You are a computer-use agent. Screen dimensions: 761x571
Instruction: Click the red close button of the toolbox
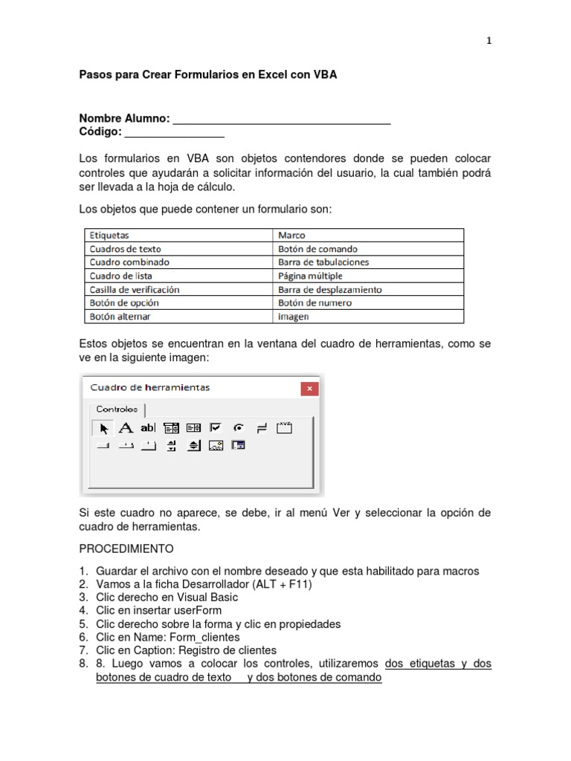pyautogui.click(x=309, y=389)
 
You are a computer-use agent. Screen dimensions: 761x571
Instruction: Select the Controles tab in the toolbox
pyautogui.click(x=117, y=409)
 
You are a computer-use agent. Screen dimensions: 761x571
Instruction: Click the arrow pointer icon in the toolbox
pyautogui.click(x=103, y=427)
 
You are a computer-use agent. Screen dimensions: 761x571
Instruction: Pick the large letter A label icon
pyautogui.click(x=126, y=427)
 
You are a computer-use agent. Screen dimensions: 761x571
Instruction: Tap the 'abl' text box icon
pyautogui.click(x=149, y=427)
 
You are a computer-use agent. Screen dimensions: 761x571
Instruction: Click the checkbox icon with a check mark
pyautogui.click(x=216, y=427)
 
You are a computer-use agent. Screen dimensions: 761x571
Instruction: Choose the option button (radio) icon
pyautogui.click(x=239, y=427)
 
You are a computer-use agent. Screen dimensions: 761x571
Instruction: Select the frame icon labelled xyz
pyautogui.click(x=285, y=427)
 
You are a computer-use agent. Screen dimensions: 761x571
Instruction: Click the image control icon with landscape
pyautogui.click(x=216, y=446)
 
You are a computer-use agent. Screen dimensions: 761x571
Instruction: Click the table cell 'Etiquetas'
pyautogui.click(x=109, y=236)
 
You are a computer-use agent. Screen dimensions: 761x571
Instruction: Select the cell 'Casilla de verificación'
pyautogui.click(x=135, y=290)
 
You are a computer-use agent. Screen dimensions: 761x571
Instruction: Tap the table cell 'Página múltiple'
pyautogui.click(x=310, y=276)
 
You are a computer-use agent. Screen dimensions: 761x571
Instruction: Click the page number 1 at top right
pyautogui.click(x=488, y=42)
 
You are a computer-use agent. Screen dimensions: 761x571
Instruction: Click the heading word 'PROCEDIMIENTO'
pyautogui.click(x=126, y=549)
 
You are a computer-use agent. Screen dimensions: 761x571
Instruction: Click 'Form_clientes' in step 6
pyautogui.click(x=205, y=637)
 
